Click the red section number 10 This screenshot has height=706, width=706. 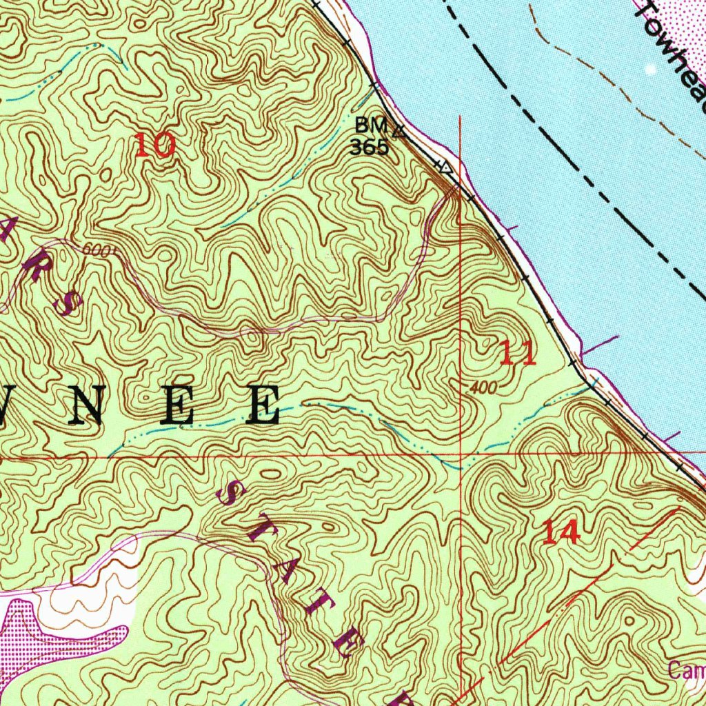tap(154, 145)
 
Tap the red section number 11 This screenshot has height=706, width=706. tap(517, 354)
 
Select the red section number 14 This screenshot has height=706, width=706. tap(561, 532)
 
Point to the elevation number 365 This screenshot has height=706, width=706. tap(369, 147)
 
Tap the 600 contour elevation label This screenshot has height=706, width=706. tap(96, 251)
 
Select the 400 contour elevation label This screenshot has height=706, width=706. tap(482, 388)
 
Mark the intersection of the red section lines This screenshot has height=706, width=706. tap(461, 455)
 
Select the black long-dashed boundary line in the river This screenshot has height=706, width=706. tap(586, 172)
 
